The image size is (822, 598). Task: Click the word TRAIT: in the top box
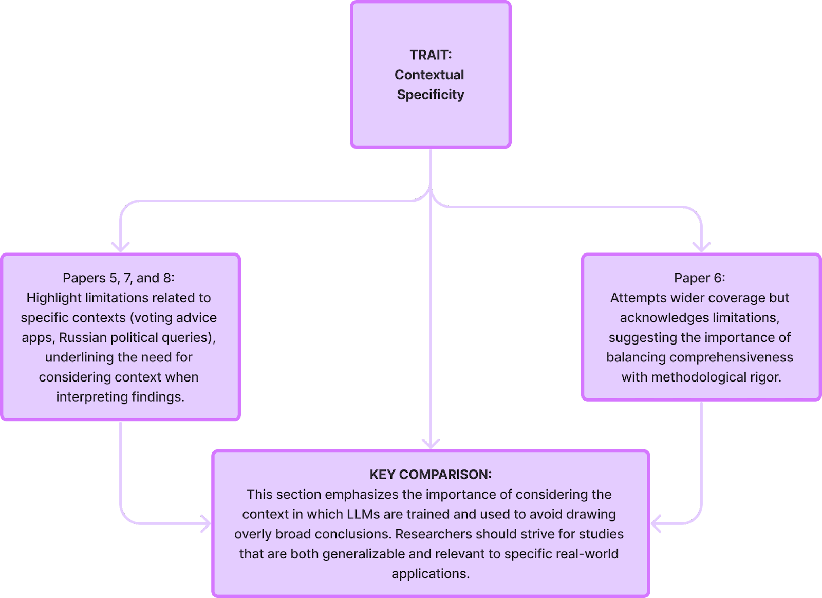click(x=431, y=55)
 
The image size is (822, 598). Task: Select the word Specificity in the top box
click(x=431, y=95)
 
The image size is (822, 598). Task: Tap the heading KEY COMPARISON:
click(x=431, y=474)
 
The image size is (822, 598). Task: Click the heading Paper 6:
click(x=700, y=278)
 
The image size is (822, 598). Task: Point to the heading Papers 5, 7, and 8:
click(x=119, y=278)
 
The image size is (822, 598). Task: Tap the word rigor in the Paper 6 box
click(x=764, y=377)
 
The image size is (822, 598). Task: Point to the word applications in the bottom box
click(x=429, y=574)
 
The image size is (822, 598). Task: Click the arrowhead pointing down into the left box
click(x=120, y=247)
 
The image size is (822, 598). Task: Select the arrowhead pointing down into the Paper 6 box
click(x=701, y=247)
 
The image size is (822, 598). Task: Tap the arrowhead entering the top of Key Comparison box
click(x=431, y=444)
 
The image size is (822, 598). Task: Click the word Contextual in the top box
click(x=429, y=75)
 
